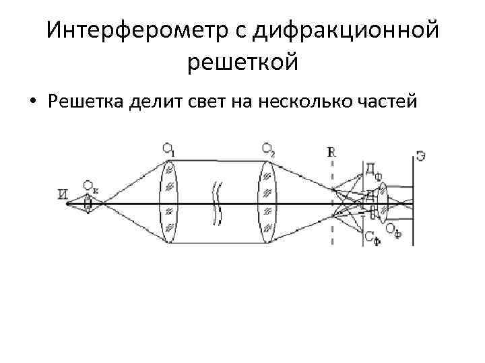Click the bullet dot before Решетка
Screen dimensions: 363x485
32,102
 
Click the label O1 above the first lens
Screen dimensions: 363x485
168,151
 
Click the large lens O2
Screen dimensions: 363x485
267,202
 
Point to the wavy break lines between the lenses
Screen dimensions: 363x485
216,202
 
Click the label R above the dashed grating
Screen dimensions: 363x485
331,152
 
